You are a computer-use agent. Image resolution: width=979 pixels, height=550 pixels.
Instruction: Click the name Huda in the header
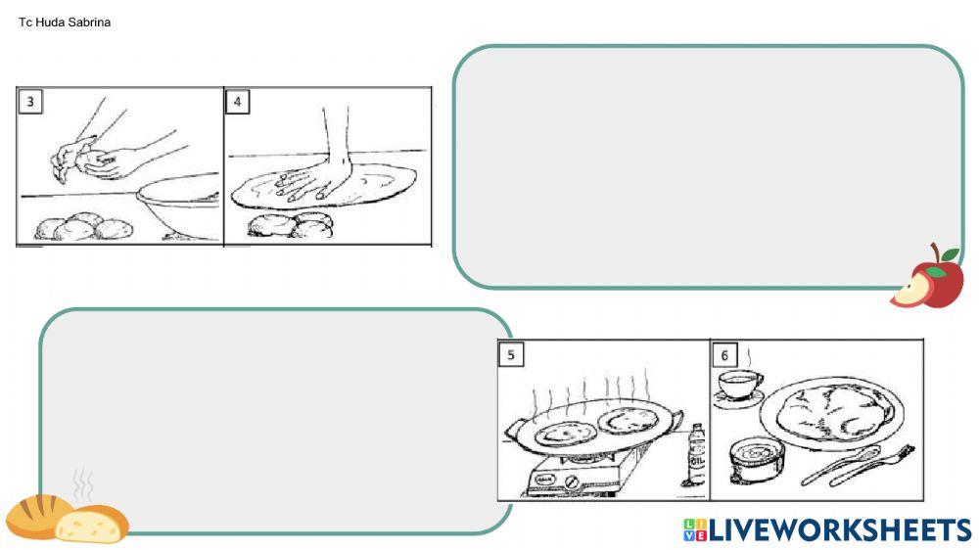pyautogui.click(x=50, y=23)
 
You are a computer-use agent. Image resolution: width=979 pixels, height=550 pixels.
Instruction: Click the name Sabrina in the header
pyautogui.click(x=88, y=23)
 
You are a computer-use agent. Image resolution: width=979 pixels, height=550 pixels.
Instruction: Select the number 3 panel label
pyautogui.click(x=31, y=102)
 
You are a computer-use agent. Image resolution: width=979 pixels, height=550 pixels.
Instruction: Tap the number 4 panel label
pyautogui.click(x=238, y=102)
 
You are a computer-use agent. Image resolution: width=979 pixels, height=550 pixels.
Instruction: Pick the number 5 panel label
pyautogui.click(x=511, y=354)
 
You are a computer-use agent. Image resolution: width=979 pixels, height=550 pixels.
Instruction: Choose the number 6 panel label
pyautogui.click(x=723, y=354)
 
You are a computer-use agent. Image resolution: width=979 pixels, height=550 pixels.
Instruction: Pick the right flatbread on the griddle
pyautogui.click(x=628, y=422)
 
